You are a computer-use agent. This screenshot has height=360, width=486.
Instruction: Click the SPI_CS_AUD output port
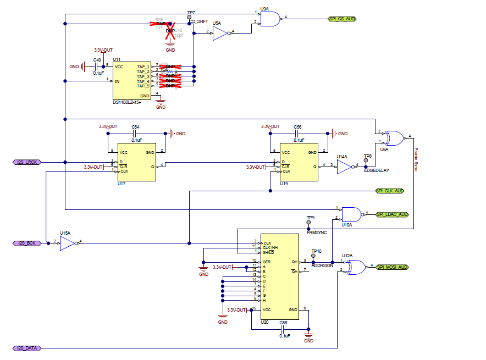coord(342,19)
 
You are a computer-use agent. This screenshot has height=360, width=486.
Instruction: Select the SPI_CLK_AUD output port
coord(390,191)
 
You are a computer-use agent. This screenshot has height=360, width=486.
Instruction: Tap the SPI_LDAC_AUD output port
coord(392,214)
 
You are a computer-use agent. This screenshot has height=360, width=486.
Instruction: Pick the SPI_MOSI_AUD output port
coord(392,267)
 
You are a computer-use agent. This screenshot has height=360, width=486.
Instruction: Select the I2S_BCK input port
coord(26,242)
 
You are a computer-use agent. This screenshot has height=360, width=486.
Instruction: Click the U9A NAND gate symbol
coord(270,19)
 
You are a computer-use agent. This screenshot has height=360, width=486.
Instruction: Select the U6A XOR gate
coord(393,137)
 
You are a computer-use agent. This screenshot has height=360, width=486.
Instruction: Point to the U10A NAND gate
coord(350,213)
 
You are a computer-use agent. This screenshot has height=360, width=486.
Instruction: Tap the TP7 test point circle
coord(190,18)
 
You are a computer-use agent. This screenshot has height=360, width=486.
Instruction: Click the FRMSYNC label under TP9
coord(316,232)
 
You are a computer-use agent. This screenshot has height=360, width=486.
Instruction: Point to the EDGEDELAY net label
coord(376,170)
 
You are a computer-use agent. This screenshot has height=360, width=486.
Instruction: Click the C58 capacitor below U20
coord(283,329)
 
